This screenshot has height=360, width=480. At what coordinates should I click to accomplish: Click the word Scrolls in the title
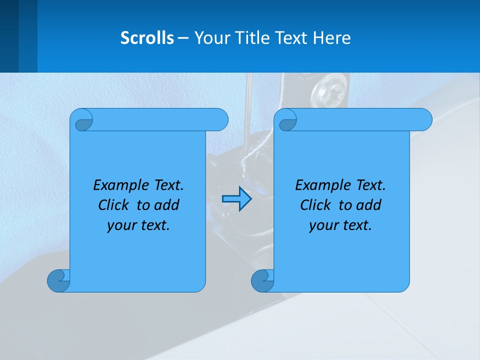147,38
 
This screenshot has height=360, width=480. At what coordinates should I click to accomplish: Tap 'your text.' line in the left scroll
138,225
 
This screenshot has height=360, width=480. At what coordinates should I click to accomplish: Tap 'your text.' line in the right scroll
340,225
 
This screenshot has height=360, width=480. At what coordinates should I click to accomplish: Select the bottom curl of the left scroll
59,281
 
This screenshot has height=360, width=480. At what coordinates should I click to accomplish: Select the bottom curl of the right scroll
262,281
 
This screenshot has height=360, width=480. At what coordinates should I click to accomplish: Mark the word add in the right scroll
368,205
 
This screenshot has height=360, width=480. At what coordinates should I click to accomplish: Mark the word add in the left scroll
166,205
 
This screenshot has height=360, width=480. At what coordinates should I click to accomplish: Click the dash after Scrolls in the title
183,38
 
